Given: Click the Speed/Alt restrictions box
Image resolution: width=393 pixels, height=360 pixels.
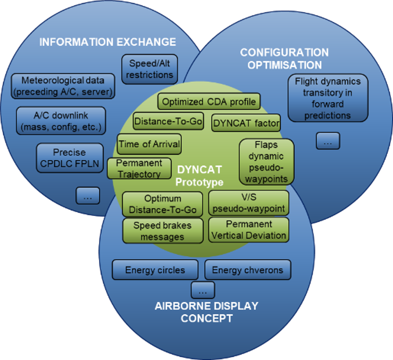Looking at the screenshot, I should point(150,69).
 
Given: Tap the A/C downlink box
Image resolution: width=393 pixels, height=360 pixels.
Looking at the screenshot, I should point(61,121).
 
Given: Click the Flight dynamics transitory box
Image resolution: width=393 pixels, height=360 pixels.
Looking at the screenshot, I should point(327,98).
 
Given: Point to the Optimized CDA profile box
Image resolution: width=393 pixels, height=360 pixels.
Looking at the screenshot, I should point(208,102).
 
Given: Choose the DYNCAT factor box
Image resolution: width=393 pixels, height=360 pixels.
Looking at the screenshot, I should point(246,124).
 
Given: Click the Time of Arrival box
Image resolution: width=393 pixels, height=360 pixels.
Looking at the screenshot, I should point(149,144).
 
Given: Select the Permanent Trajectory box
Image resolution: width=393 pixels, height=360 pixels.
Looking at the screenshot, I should point(139,169).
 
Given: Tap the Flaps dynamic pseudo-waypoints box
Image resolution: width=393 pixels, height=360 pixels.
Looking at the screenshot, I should point(267,161).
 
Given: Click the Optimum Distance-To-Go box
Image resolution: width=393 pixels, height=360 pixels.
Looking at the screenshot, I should point(163,204).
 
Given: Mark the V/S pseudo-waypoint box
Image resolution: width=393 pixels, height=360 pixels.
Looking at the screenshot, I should point(248,203).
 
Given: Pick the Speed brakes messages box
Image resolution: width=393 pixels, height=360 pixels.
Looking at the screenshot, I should point(163,230).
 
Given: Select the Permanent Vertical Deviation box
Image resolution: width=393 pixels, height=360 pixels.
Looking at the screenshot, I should point(248,229).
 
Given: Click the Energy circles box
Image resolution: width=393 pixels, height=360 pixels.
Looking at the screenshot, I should point(155,270).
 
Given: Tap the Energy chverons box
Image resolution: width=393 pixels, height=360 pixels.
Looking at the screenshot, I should point(247,270).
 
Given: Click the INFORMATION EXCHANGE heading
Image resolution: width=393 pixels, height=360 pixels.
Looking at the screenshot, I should point(108,42).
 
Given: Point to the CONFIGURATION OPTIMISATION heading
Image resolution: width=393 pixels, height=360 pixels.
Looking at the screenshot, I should point(284,59).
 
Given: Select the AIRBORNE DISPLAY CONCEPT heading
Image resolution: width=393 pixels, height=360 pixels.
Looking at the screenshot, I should point(206,312).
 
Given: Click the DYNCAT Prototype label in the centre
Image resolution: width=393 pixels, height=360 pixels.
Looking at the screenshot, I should point(199,176).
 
